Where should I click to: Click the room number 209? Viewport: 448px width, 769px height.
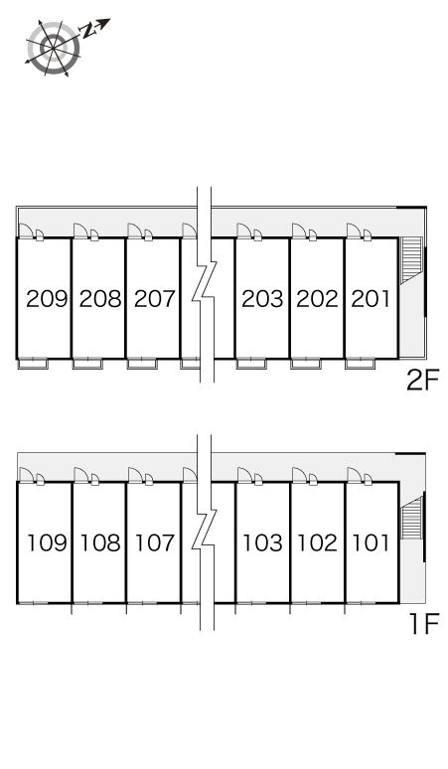click(47, 299)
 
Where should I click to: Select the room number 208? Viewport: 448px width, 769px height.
click(100, 299)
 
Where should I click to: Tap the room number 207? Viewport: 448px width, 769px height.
click(154, 299)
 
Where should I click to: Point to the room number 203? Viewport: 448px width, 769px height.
click(262, 299)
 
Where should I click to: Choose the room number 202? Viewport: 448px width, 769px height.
click(317, 299)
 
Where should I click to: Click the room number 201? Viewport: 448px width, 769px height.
click(372, 299)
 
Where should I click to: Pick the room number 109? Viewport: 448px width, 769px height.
click(47, 542)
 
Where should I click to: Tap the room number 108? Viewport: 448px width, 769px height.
click(100, 542)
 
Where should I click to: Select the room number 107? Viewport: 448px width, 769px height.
click(155, 542)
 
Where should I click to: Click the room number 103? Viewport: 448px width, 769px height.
click(263, 542)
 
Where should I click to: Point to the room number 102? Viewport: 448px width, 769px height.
click(318, 542)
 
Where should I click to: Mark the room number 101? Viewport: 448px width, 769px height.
click(372, 542)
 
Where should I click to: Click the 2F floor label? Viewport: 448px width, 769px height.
click(422, 381)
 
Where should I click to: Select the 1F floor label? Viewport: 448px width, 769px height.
click(424, 624)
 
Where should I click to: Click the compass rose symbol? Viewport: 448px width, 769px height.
click(54, 48)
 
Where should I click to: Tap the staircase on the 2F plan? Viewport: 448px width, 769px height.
click(411, 260)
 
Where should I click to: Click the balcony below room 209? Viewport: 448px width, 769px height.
click(34, 364)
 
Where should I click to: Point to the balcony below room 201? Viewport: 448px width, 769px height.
click(361, 364)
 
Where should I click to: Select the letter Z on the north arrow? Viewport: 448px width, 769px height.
click(88, 32)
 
